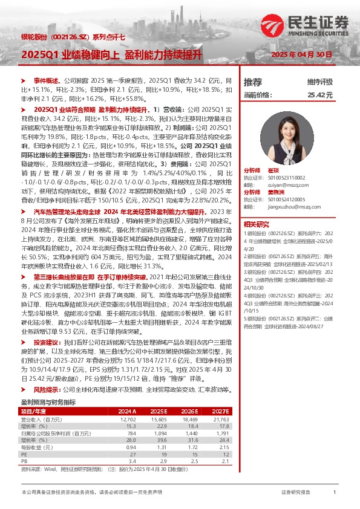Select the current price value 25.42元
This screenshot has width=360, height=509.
[320, 95]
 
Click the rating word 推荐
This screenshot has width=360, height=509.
[252, 82]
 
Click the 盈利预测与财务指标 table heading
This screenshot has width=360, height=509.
[48, 402]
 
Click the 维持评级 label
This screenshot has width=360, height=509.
[320, 82]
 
